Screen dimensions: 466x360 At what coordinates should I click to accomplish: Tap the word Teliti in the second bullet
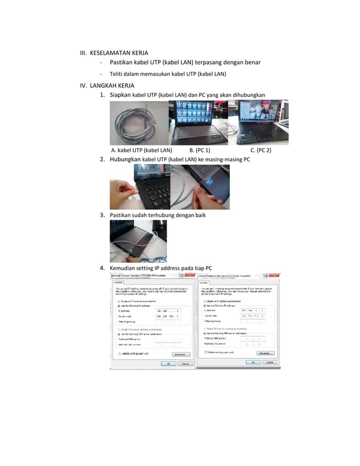(x=118, y=74)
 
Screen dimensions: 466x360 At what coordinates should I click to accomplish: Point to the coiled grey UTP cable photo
(x=139, y=123)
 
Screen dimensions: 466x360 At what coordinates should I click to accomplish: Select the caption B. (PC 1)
(x=199, y=151)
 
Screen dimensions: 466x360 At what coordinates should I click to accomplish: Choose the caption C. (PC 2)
(x=261, y=151)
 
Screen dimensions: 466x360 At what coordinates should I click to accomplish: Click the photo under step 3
(x=138, y=241)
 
